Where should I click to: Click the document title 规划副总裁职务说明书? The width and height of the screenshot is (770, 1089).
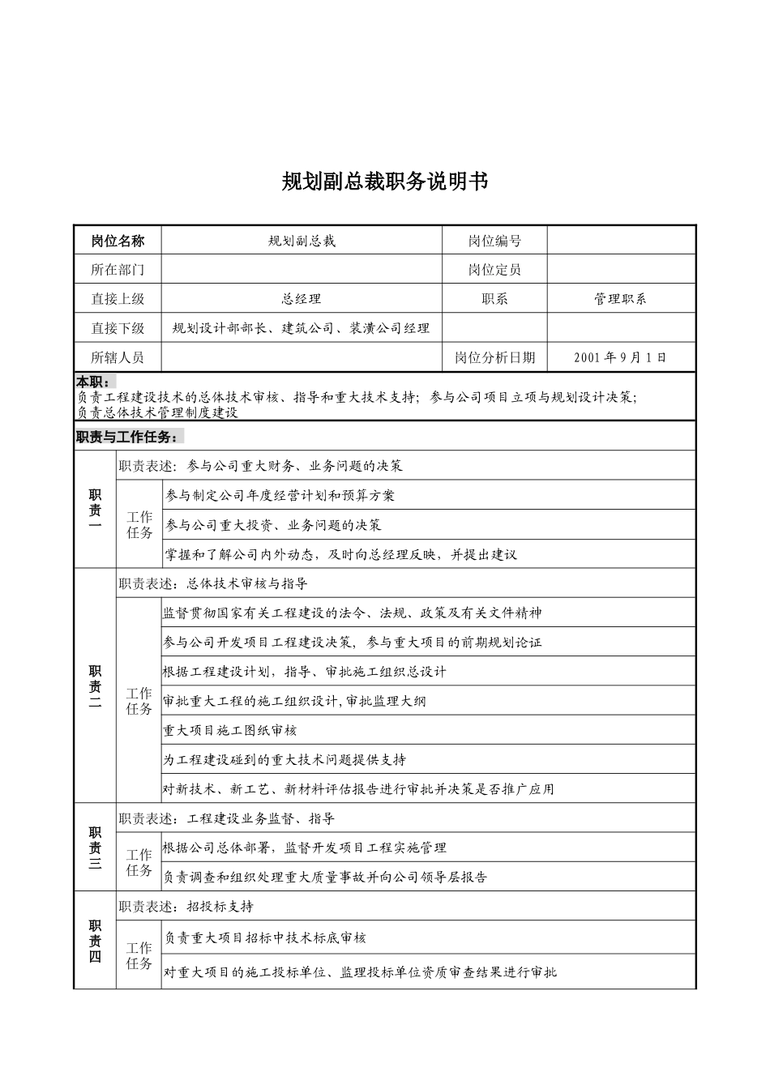click(x=385, y=181)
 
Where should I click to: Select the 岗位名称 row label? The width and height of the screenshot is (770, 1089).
click(x=118, y=241)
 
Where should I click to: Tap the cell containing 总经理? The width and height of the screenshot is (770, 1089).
click(x=302, y=299)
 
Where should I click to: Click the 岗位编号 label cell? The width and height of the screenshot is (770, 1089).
click(x=494, y=241)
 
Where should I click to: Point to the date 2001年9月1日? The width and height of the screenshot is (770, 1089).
click(x=621, y=357)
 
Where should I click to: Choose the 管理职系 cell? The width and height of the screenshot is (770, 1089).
click(x=621, y=299)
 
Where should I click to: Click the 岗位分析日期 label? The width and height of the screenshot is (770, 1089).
click(x=494, y=357)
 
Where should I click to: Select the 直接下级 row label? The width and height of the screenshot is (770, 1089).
click(x=118, y=328)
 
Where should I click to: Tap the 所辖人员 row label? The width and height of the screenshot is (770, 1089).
click(x=118, y=357)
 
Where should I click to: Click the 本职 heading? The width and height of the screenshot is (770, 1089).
click(x=95, y=382)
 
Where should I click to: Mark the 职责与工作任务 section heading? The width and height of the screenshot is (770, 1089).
click(x=128, y=437)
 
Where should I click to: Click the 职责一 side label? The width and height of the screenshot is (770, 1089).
click(x=95, y=510)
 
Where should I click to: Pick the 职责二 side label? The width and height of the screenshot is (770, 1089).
click(x=95, y=686)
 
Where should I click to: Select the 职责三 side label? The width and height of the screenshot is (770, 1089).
click(x=95, y=848)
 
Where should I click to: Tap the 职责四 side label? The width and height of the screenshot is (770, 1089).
click(x=95, y=941)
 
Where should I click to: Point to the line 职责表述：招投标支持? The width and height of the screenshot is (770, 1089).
click(x=186, y=907)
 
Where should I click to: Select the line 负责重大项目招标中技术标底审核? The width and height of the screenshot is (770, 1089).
click(x=265, y=937)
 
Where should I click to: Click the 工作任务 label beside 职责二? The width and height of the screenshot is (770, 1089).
click(x=139, y=701)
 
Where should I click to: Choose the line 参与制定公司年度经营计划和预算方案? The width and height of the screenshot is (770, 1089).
click(x=280, y=495)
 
